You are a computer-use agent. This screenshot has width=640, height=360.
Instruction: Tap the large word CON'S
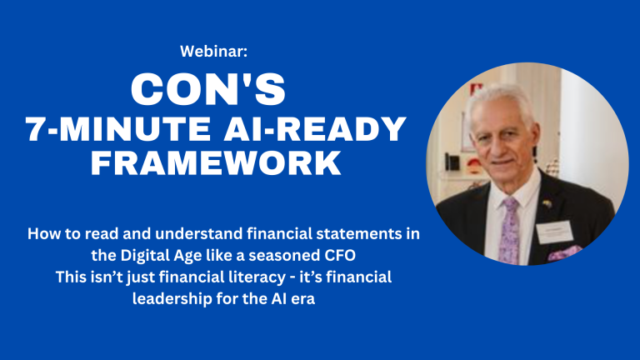pos(208,89)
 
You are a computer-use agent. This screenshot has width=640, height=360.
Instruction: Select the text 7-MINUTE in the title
pos(118,128)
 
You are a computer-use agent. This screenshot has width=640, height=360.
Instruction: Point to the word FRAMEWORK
pos(216,162)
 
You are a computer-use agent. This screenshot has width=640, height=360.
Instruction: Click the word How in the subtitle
pos(41,234)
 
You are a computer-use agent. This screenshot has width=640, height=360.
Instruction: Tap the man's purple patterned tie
pos(509,231)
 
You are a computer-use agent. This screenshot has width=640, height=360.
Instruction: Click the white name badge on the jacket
pos(555,232)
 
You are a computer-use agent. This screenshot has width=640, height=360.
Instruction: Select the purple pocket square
pos(564,253)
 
